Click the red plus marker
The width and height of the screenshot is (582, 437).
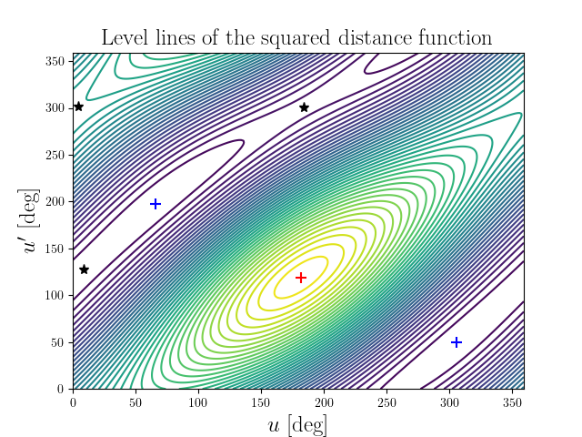[x=301, y=277]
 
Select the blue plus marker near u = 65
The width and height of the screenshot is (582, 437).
[x=156, y=204]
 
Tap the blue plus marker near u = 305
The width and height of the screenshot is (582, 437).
[x=457, y=342]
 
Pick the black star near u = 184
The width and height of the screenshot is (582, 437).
[x=304, y=107]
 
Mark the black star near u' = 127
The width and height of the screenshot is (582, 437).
[x=84, y=269]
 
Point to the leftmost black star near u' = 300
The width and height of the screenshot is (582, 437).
[x=78, y=107]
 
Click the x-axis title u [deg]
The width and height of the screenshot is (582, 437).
[x=297, y=425]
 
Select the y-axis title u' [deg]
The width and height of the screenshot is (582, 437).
[x=31, y=221]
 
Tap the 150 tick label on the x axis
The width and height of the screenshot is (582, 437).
[x=261, y=400]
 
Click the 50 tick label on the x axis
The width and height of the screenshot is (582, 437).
[x=135, y=400]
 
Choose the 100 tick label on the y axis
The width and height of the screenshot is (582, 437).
[x=55, y=295]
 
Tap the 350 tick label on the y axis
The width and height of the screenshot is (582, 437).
[x=55, y=61]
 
